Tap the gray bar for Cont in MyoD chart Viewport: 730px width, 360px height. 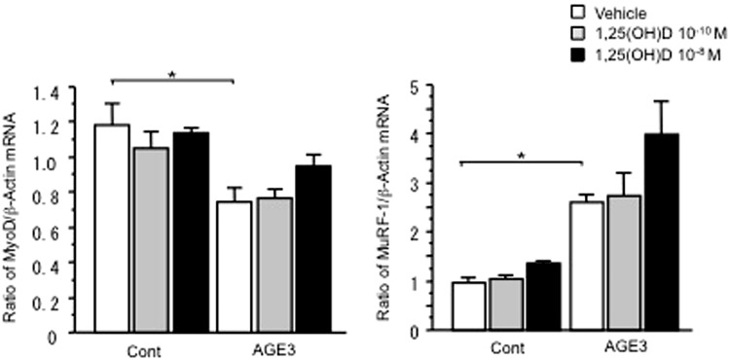(x=151, y=239)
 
